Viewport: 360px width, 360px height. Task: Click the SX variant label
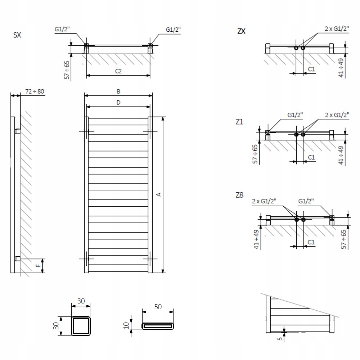pyautogui.click(x=17, y=35)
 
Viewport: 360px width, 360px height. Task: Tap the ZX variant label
pyautogui.click(x=241, y=31)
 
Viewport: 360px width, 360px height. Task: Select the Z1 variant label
pyautogui.click(x=239, y=122)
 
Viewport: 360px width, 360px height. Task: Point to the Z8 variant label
pyautogui.click(x=239, y=195)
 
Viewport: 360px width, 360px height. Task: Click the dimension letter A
pyautogui.click(x=158, y=194)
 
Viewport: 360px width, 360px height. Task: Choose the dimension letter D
pyautogui.click(x=118, y=103)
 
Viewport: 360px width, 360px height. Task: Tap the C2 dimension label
pyautogui.click(x=118, y=71)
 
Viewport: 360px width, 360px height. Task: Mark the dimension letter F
pyautogui.click(x=38, y=266)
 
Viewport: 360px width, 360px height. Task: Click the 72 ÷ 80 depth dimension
pyautogui.click(x=35, y=91)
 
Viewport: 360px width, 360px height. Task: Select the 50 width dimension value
pyautogui.click(x=158, y=307)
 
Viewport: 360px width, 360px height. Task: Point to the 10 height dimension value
pyautogui.click(x=126, y=325)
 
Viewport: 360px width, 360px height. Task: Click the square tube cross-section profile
pyautogui.click(x=81, y=325)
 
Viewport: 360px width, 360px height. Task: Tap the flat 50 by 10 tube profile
pyautogui.click(x=158, y=326)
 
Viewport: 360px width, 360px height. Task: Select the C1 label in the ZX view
pyautogui.click(x=312, y=69)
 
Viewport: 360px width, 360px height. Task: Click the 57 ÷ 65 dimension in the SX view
pyautogui.click(x=67, y=70)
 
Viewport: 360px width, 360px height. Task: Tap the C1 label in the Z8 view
pyautogui.click(x=312, y=242)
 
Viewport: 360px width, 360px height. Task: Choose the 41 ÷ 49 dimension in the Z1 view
pyautogui.click(x=341, y=155)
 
